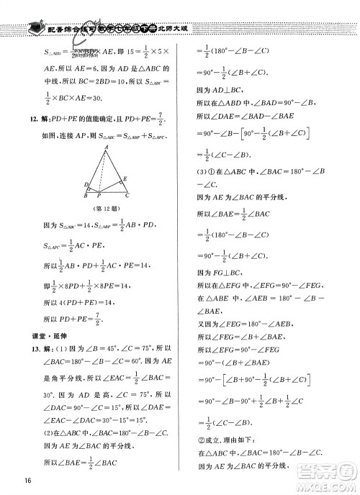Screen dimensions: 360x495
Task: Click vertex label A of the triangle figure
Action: [x=106, y=145]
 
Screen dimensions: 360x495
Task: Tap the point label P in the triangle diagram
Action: [x=99, y=195]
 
